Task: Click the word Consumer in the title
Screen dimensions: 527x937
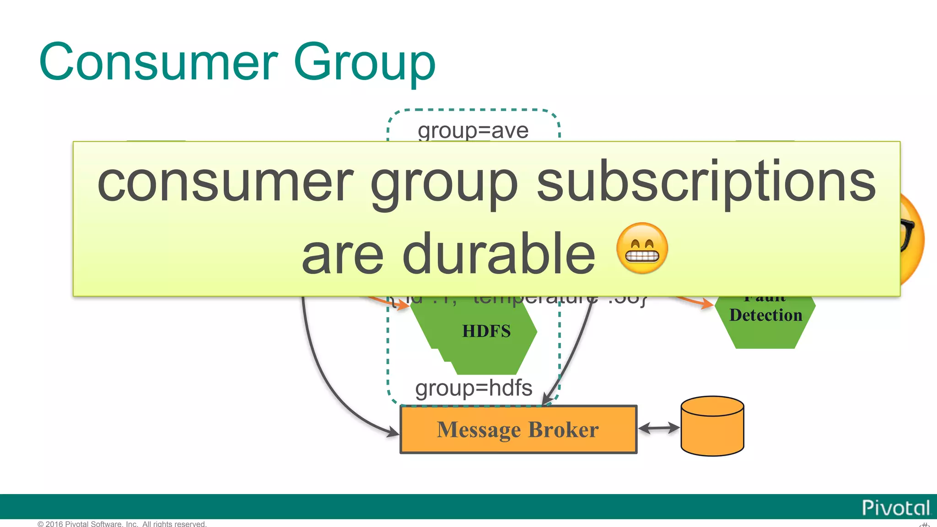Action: tap(158, 62)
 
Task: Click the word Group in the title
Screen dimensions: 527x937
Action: tap(365, 64)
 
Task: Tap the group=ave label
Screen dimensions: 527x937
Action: tap(473, 130)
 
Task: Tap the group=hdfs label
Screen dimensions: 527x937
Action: tap(474, 388)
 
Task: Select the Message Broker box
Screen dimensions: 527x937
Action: tap(518, 429)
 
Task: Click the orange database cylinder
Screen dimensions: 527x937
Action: tap(712, 426)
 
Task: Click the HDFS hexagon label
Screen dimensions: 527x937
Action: tap(486, 331)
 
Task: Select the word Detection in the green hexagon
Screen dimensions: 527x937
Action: tap(765, 315)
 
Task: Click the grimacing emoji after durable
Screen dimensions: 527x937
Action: tap(642, 248)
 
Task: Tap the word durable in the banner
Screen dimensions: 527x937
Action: tap(499, 254)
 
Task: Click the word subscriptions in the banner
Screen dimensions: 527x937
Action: tap(706, 182)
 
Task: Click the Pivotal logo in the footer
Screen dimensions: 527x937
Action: tap(895, 508)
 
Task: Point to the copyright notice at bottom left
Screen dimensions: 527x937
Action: tap(122, 523)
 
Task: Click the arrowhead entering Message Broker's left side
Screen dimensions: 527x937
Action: tap(393, 431)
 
